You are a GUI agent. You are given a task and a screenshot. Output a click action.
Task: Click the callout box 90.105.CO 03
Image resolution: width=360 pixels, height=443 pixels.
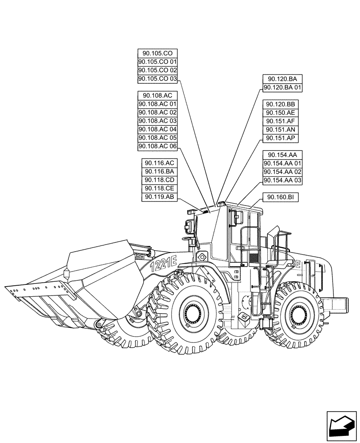(157, 79)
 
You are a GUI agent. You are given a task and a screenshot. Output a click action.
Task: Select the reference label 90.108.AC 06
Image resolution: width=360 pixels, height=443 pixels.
(157, 146)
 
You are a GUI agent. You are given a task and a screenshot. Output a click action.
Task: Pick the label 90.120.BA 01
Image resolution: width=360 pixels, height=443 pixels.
(282, 87)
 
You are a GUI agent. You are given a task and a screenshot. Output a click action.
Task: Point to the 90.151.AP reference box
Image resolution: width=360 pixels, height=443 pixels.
(281, 138)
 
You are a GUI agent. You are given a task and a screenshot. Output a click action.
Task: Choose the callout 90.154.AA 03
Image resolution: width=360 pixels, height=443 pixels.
(282, 180)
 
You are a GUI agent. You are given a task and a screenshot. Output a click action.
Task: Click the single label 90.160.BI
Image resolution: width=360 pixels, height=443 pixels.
(281, 197)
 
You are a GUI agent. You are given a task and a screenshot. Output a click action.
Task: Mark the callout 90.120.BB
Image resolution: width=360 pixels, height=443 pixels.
(281, 104)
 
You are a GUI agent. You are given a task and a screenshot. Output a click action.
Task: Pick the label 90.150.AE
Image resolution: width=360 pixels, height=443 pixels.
(281, 113)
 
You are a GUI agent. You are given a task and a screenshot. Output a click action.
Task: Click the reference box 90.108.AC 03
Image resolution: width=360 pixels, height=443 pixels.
(157, 121)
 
